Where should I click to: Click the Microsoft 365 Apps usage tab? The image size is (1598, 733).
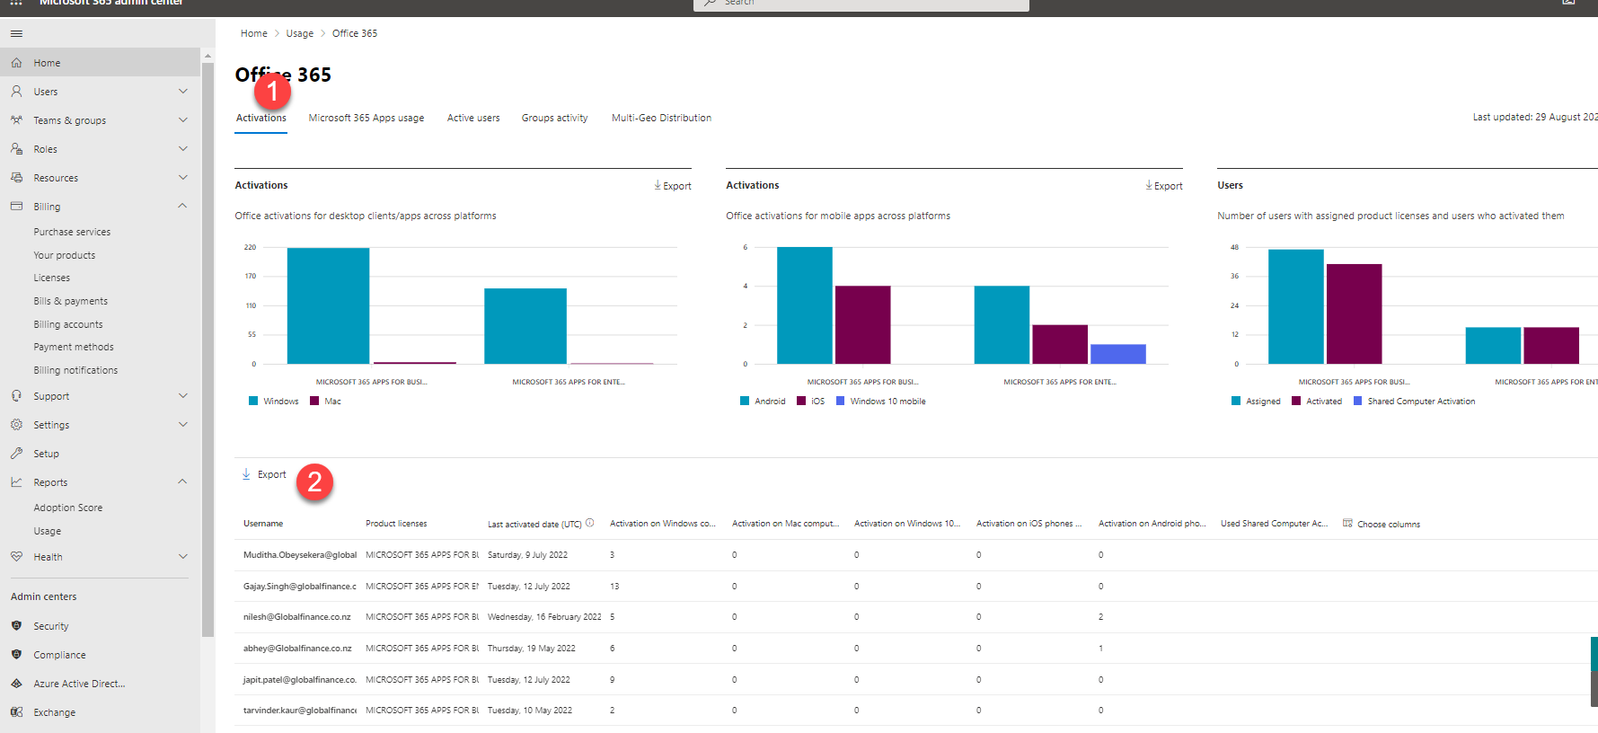pyautogui.click(x=366, y=118)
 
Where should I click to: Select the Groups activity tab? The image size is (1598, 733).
pyautogui.click(x=554, y=118)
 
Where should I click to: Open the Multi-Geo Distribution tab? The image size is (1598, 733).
pyautogui.click(x=661, y=118)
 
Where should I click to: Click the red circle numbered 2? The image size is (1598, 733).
pyautogui.click(x=314, y=482)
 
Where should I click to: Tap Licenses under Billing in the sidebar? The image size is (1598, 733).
pyautogui.click(x=52, y=278)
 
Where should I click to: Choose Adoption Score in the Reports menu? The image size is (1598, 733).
pyautogui.click(x=68, y=508)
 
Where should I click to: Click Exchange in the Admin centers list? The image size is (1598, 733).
pyautogui.click(x=55, y=712)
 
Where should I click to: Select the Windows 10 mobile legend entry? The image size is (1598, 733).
pyautogui.click(x=887, y=402)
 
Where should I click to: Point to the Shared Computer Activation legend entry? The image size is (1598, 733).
pyautogui.click(x=1420, y=402)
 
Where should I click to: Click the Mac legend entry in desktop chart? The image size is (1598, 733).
pyautogui.click(x=332, y=402)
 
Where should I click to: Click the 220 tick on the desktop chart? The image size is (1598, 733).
pyautogui.click(x=250, y=247)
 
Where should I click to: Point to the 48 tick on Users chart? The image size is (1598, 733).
pyautogui.click(x=1234, y=247)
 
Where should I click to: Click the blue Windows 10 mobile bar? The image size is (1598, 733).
pyautogui.click(x=1117, y=354)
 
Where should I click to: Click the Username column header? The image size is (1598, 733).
pyautogui.click(x=263, y=524)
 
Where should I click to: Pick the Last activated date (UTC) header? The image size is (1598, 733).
pyautogui.click(x=534, y=524)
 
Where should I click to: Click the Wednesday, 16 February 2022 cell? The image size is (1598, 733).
pyautogui.click(x=544, y=617)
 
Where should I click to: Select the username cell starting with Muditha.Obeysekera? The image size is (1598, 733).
pyautogui.click(x=299, y=555)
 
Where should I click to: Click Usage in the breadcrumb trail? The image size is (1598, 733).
pyautogui.click(x=300, y=33)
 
